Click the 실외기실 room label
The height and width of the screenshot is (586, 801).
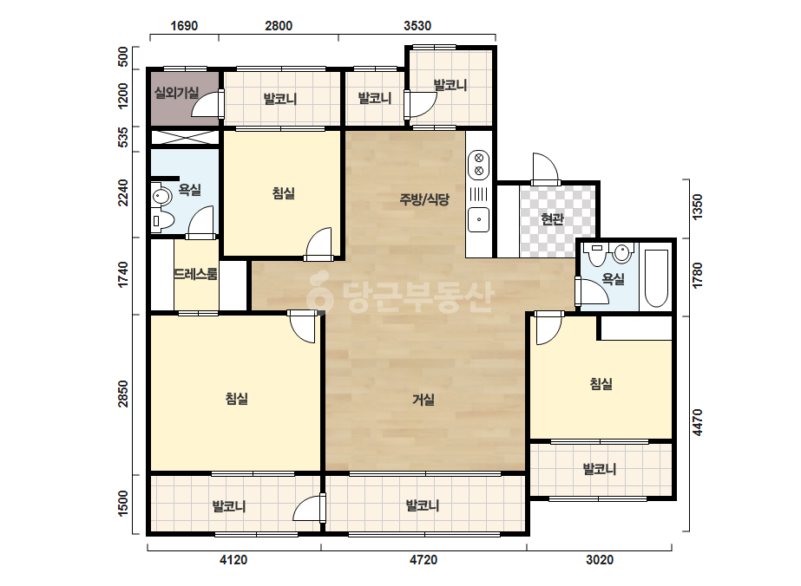pyautogui.click(x=176, y=93)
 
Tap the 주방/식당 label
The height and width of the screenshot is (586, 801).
pyautogui.click(x=424, y=199)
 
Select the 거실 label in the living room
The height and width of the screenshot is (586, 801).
pyautogui.click(x=423, y=399)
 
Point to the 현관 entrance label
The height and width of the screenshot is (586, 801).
pyautogui.click(x=552, y=219)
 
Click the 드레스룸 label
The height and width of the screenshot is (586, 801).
pyautogui.click(x=195, y=274)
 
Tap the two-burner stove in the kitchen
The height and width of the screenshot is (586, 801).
pyautogui.click(x=479, y=165)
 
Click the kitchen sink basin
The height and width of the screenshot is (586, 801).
pyautogui.click(x=479, y=219)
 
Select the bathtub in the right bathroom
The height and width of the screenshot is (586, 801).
pyautogui.click(x=656, y=279)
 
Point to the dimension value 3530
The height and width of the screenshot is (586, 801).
pyautogui.click(x=417, y=25)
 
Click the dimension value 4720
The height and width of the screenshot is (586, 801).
pyautogui.click(x=423, y=560)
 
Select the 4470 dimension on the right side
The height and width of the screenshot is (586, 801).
pyautogui.click(x=698, y=423)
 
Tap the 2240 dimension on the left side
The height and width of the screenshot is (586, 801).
pyautogui.click(x=123, y=192)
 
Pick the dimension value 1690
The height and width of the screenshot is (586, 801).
pyautogui.click(x=184, y=25)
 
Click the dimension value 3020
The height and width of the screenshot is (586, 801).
pyautogui.click(x=599, y=560)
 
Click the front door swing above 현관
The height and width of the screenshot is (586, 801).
pyautogui.click(x=544, y=168)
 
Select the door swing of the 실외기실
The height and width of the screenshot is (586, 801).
pyautogui.click(x=207, y=104)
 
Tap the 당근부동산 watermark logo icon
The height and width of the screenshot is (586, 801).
pyautogui.click(x=319, y=292)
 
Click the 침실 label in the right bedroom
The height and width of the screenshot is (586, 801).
pyautogui.click(x=601, y=383)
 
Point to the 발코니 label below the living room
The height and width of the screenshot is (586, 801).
pyautogui.click(x=423, y=506)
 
